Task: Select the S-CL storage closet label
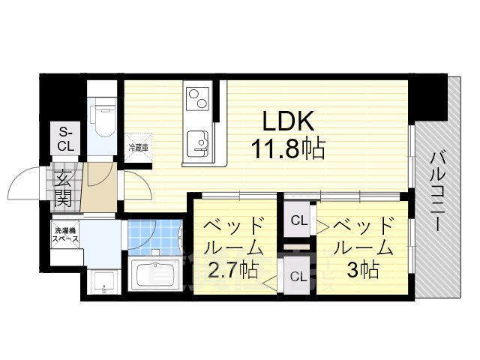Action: (x=65, y=139)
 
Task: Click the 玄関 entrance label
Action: (x=63, y=190)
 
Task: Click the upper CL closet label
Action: (x=298, y=220)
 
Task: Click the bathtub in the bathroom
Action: (x=154, y=274)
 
